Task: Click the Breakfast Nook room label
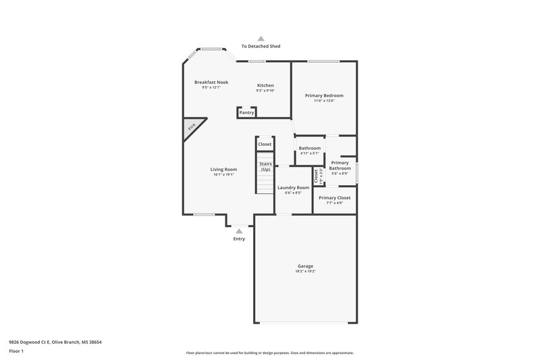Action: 211,82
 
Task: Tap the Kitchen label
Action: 265,85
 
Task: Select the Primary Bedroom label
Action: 324,96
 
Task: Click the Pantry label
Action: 246,113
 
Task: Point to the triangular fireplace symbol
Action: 191,129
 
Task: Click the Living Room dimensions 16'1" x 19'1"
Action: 223,175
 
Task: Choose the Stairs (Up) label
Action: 265,166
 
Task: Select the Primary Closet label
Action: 334,198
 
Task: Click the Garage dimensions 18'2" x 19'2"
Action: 305,271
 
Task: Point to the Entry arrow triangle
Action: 239,231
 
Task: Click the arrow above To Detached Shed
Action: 261,38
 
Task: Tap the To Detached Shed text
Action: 261,46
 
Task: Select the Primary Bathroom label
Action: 340,165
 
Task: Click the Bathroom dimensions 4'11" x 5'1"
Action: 309,153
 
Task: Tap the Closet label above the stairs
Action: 265,144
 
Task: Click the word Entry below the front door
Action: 239,238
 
